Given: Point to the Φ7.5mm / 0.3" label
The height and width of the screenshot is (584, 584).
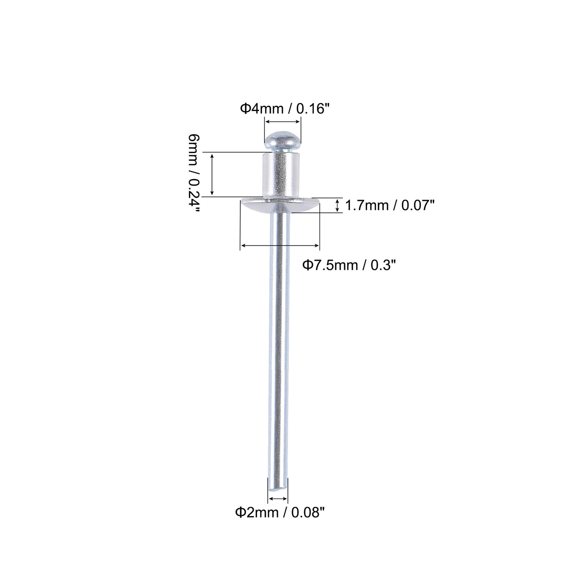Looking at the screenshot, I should coord(348,264).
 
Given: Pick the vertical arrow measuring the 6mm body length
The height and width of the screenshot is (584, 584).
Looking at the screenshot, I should coord(212,174).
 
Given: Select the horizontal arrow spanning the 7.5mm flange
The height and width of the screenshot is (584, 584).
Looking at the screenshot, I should coord(280,246).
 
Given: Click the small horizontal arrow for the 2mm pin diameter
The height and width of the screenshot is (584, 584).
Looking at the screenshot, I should coord(277,498).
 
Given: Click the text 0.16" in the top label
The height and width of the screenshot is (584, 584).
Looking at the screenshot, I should coord(313,109).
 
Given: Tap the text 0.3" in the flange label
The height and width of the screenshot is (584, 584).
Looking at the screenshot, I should coord(381,264).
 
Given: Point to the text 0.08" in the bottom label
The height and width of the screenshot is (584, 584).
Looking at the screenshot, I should coord(307,513).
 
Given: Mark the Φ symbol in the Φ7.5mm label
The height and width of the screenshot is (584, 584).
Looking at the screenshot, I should coord(307,264).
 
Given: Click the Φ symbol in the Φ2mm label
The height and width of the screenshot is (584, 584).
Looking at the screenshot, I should coord(240,513).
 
